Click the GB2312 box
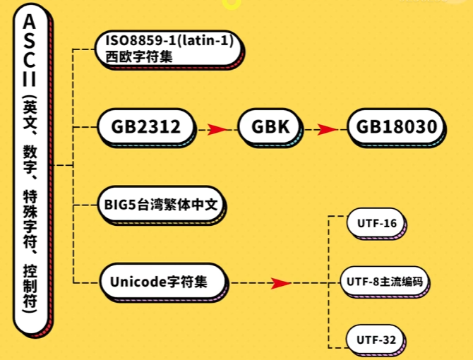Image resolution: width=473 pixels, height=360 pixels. pos(145,127)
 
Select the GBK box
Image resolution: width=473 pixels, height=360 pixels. pos(270,127)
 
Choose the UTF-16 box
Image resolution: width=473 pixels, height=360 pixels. pos(377,224)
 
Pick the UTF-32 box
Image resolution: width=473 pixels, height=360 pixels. pos(377,340)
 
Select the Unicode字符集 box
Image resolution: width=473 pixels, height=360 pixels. pos(162,282)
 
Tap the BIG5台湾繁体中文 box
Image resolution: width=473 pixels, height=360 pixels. pos(162,205)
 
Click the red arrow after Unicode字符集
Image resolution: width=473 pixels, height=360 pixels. pos(280,283)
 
